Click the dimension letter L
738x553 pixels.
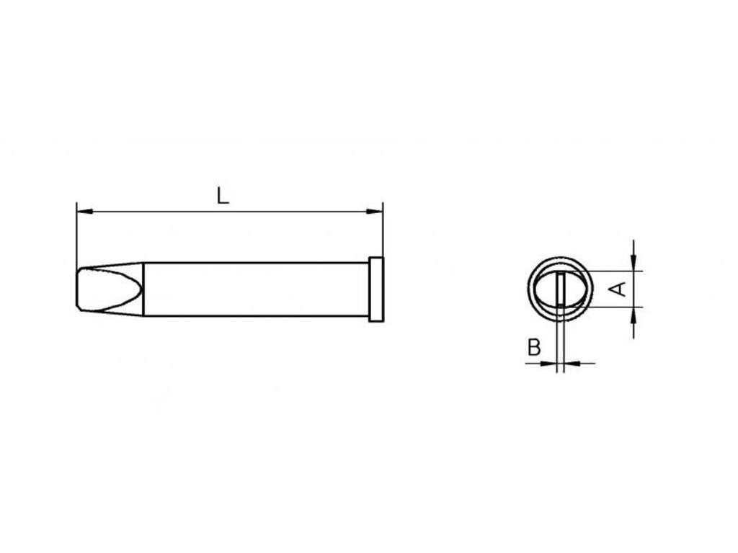click(x=223, y=195)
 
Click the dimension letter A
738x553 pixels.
click(x=618, y=289)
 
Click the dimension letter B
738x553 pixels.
click(x=533, y=349)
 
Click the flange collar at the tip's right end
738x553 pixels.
click(x=376, y=289)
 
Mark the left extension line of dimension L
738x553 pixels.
click(x=76, y=238)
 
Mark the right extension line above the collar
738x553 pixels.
click(x=383, y=230)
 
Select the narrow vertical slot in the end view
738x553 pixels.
click(x=561, y=289)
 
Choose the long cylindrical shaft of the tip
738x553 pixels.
click(x=252, y=289)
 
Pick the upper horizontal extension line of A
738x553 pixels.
click(x=613, y=271)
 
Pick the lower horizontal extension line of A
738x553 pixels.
click(x=613, y=307)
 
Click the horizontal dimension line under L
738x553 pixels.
click(x=288, y=212)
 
